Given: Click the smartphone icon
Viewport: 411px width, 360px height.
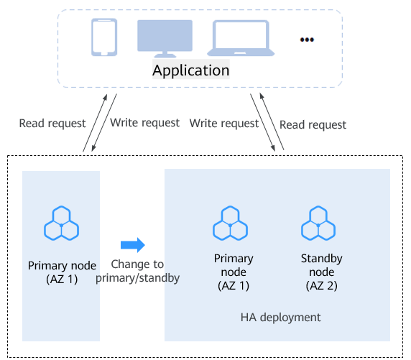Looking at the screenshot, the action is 104,37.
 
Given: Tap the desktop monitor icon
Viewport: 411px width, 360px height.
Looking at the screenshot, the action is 165,38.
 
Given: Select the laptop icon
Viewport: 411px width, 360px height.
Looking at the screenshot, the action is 241,38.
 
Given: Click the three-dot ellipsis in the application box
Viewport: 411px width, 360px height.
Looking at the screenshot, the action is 307,40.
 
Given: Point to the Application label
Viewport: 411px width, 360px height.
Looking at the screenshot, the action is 191,70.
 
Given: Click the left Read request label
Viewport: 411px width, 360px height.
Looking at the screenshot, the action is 52,124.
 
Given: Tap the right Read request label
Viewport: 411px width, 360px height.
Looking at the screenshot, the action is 313,125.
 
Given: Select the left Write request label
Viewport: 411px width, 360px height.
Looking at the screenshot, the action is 144,123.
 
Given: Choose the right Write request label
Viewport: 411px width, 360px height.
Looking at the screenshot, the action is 224,124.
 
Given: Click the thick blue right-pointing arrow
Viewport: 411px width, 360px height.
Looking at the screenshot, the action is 133,245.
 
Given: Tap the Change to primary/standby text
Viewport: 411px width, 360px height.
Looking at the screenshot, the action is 138,271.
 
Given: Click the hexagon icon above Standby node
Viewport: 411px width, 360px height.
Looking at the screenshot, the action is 318,223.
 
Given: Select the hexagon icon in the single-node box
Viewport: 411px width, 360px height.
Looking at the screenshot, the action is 61,223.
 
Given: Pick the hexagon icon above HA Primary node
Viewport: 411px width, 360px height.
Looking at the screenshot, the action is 230,223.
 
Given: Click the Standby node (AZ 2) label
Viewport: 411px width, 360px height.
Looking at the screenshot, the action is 322,272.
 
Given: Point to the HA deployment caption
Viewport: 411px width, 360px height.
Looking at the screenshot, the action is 280,318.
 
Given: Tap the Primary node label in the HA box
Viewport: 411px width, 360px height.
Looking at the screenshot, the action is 234,272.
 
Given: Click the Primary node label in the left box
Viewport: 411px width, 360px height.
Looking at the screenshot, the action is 62,272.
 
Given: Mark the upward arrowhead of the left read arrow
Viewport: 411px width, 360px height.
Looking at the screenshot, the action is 105,98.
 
